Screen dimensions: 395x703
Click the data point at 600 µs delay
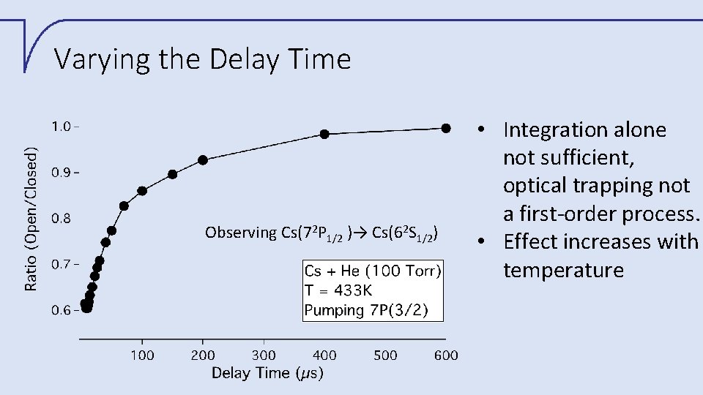point(446,128)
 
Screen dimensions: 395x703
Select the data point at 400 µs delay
point(324,134)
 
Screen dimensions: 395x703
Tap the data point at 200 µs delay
point(203,160)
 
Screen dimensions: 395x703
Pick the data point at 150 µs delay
point(173,174)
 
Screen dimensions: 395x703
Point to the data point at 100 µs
point(142,191)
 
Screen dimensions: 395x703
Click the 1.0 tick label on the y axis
point(61,126)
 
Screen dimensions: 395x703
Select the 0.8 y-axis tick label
point(61,218)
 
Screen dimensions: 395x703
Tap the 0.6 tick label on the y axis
point(61,310)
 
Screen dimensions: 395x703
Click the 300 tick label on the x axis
point(264,355)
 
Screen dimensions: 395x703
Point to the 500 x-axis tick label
point(385,355)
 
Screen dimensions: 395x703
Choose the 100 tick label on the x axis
point(142,355)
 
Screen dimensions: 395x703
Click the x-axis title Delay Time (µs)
point(267,374)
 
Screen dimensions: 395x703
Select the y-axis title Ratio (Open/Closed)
point(31,219)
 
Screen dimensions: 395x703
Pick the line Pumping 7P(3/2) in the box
point(373,309)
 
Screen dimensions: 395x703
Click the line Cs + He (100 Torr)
point(373,271)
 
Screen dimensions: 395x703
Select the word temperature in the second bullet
point(563,270)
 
